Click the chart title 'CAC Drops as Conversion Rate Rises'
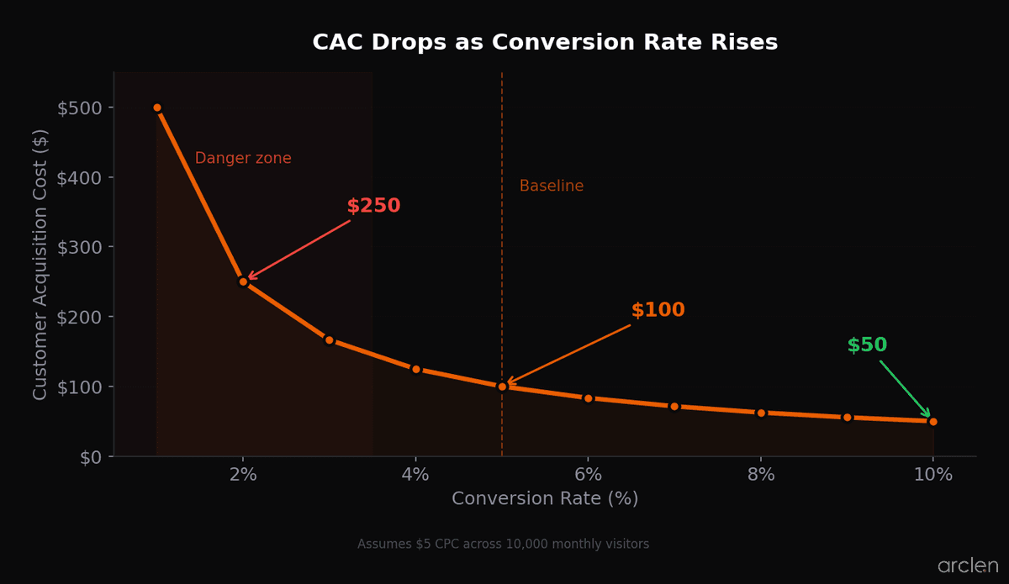click(x=545, y=43)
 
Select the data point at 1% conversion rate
click(x=157, y=108)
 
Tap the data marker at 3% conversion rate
click(x=330, y=340)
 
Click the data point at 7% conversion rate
click(x=674, y=407)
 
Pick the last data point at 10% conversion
click(x=932, y=422)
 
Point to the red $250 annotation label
click(x=373, y=206)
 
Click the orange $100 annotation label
click(x=658, y=310)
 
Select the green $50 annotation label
click(x=867, y=345)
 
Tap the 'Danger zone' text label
click(x=243, y=159)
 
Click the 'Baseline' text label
click(x=551, y=187)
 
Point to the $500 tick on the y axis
click(x=80, y=108)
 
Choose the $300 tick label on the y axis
click(x=80, y=247)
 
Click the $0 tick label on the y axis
click(x=91, y=457)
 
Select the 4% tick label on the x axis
click(x=415, y=475)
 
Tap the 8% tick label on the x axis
click(x=760, y=475)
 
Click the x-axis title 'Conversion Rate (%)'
click(x=545, y=499)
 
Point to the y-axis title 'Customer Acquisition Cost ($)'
click(x=40, y=264)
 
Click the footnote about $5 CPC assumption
click(x=503, y=545)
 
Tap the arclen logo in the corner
click(x=968, y=566)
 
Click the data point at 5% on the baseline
click(x=502, y=387)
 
